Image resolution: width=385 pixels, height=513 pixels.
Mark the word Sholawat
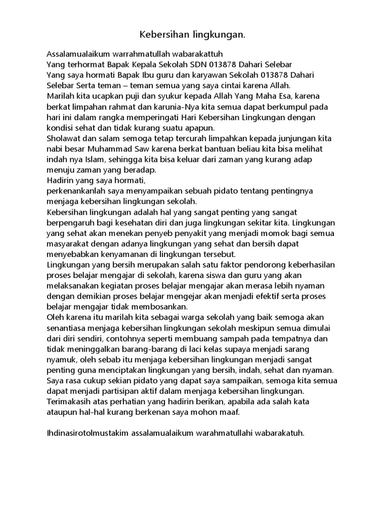62,138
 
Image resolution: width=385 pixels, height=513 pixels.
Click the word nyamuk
60,360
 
